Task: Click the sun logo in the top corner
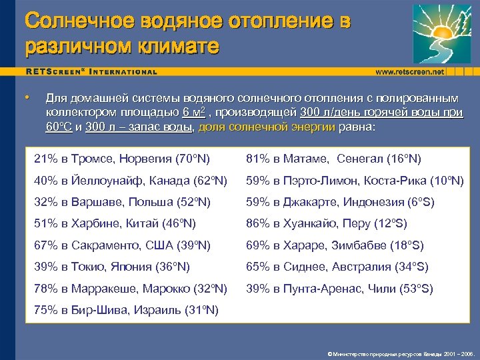441,33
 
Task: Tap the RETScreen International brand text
92,71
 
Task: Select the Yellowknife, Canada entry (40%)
131,181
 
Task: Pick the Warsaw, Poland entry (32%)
123,202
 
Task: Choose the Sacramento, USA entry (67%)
123,245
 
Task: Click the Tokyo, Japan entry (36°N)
112,267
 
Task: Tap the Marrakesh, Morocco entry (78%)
131,289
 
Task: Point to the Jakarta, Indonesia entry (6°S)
340,202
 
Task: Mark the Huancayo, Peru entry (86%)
327,223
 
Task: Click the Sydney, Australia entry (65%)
337,267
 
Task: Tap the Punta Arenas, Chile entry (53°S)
340,289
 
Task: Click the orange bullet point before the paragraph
27,97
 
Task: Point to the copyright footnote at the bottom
400,353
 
